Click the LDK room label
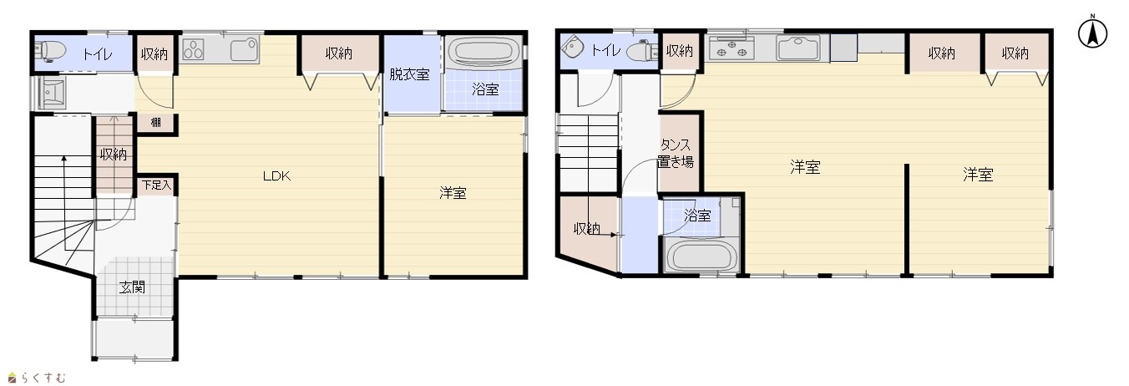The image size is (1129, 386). [x=276, y=176]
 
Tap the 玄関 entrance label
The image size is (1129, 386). [x=132, y=287]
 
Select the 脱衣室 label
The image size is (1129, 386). [x=409, y=74]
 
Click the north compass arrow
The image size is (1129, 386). [x=1093, y=33]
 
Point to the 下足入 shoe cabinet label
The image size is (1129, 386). [x=156, y=185]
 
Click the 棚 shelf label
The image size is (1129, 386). [x=156, y=122]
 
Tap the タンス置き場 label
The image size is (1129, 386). [x=676, y=154]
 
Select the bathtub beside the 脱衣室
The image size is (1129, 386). [x=483, y=52]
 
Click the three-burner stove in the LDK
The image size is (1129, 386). [x=193, y=49]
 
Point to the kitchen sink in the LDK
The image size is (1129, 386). [x=245, y=49]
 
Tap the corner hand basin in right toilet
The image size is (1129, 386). [x=571, y=47]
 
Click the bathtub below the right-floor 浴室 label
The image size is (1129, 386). [x=701, y=256]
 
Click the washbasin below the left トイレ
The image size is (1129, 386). [x=51, y=93]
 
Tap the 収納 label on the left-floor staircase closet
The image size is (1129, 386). [x=114, y=154]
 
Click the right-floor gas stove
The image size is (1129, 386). [x=732, y=48]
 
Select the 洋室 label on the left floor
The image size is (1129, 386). [x=453, y=193]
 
